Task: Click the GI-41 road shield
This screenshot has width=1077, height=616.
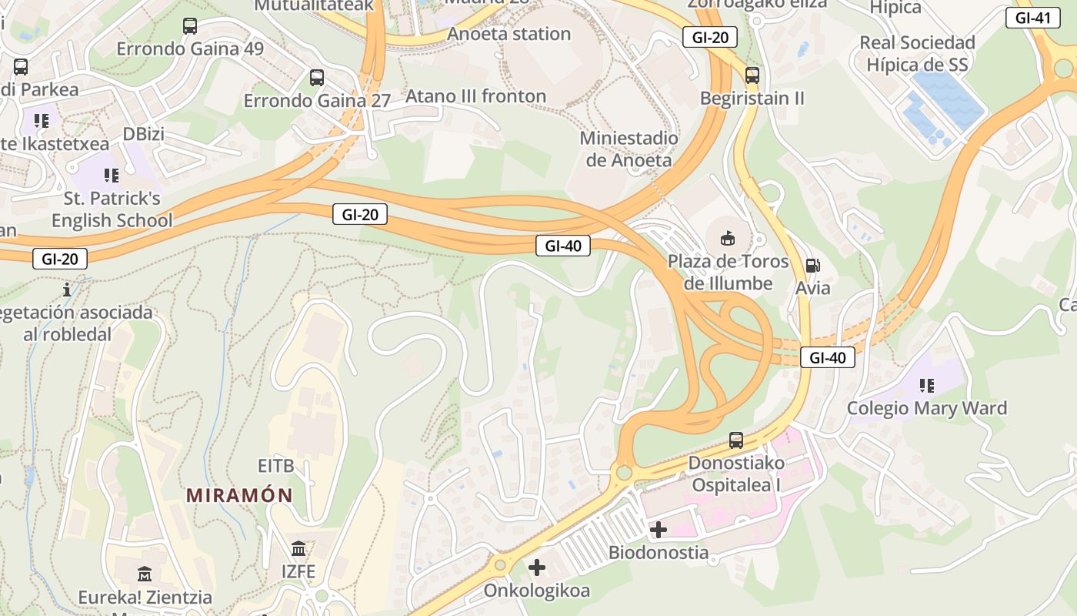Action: pos(1032,18)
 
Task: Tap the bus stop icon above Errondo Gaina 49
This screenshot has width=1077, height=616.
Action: pos(190,26)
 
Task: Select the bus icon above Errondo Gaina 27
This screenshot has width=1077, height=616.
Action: pos(317,78)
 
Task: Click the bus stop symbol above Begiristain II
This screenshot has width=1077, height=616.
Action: pos(752,75)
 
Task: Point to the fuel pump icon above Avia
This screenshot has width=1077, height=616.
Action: pos(813,266)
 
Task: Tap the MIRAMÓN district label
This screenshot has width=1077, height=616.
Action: pos(239,495)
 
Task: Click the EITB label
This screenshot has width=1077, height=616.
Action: pos(275,466)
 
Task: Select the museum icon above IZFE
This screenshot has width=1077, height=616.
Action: pos(298,549)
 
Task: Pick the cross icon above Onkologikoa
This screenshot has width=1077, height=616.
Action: pos(537,568)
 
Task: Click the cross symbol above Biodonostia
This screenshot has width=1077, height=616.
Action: pos(659,530)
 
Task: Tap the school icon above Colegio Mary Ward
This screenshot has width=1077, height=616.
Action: pos(927,385)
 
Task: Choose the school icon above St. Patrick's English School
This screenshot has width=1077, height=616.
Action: pos(112,176)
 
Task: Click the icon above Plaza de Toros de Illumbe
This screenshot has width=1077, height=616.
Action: pos(728,239)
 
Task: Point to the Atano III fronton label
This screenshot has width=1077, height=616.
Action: pos(475,96)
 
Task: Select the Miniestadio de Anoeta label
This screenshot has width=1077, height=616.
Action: pos(629,149)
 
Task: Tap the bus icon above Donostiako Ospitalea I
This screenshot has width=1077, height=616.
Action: pos(736,440)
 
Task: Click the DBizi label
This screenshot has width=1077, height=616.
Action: pos(144,134)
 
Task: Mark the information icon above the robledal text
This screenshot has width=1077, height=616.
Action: pos(68,290)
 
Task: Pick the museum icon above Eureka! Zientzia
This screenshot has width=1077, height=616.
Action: pos(145,574)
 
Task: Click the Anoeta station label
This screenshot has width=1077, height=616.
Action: pos(508,34)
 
